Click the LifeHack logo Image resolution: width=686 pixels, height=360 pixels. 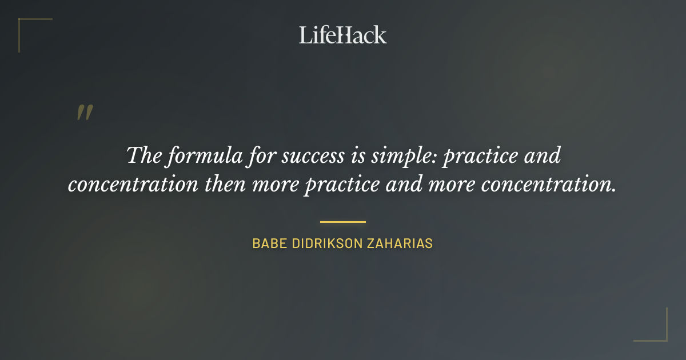tap(343, 35)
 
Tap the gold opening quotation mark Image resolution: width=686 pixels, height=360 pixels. tap(85, 113)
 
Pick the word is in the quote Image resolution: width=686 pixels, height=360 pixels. tap(353, 156)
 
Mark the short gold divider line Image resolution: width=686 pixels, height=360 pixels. tap(343, 222)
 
